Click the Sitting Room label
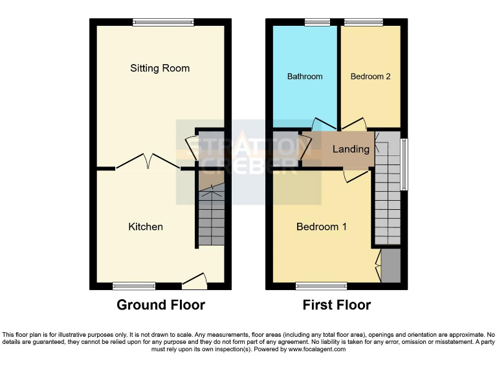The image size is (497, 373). tap(160, 68)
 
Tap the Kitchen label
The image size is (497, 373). tap(146, 227)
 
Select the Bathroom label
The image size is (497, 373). tap(305, 76)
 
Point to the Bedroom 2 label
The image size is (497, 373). tap(370, 76)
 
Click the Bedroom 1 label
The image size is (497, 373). tap(322, 227)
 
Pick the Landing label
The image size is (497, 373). tap(351, 149)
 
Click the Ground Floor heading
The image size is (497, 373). tap(160, 304)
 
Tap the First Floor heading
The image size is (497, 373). tap(337, 304)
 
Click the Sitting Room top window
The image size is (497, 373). tap(163, 23)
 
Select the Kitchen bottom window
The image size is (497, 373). tap(134, 286)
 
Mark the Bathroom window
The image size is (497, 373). tap(317, 23)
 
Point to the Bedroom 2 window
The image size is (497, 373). tap(363, 23)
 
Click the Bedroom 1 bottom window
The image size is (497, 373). tap(317, 286)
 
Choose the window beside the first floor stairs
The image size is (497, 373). tap(404, 164)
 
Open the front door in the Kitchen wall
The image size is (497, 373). tap(194, 281)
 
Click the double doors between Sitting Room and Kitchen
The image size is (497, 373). tap(148, 161)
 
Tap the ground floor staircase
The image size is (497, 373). tap(211, 217)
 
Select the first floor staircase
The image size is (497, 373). tap(386, 191)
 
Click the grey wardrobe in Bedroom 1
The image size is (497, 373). tap(391, 266)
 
